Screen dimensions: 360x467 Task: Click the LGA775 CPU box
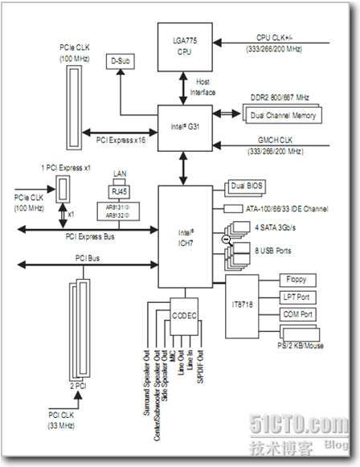(x=185, y=47)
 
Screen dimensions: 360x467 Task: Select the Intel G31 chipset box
(x=185, y=128)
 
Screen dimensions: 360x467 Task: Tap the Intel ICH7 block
(x=185, y=237)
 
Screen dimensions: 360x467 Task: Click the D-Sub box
(x=121, y=61)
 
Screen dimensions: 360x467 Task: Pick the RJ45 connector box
(x=119, y=192)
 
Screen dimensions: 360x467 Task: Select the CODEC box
(x=184, y=316)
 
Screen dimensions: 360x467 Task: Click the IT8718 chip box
(x=242, y=306)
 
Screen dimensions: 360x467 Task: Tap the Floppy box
(x=297, y=280)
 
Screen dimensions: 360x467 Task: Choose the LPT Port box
(x=297, y=297)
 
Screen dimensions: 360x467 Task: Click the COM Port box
(x=297, y=314)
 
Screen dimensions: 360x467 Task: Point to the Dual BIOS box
(x=245, y=187)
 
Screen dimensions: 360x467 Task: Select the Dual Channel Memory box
(x=282, y=114)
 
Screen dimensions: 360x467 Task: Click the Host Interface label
(x=202, y=87)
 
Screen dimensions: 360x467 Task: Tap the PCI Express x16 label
(x=121, y=140)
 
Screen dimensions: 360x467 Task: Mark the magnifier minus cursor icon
(x=227, y=240)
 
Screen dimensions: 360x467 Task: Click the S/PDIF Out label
(x=200, y=367)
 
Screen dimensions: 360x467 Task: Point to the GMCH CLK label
(x=275, y=140)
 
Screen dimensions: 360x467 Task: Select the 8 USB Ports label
(x=272, y=251)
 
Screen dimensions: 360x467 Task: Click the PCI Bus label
(x=88, y=258)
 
